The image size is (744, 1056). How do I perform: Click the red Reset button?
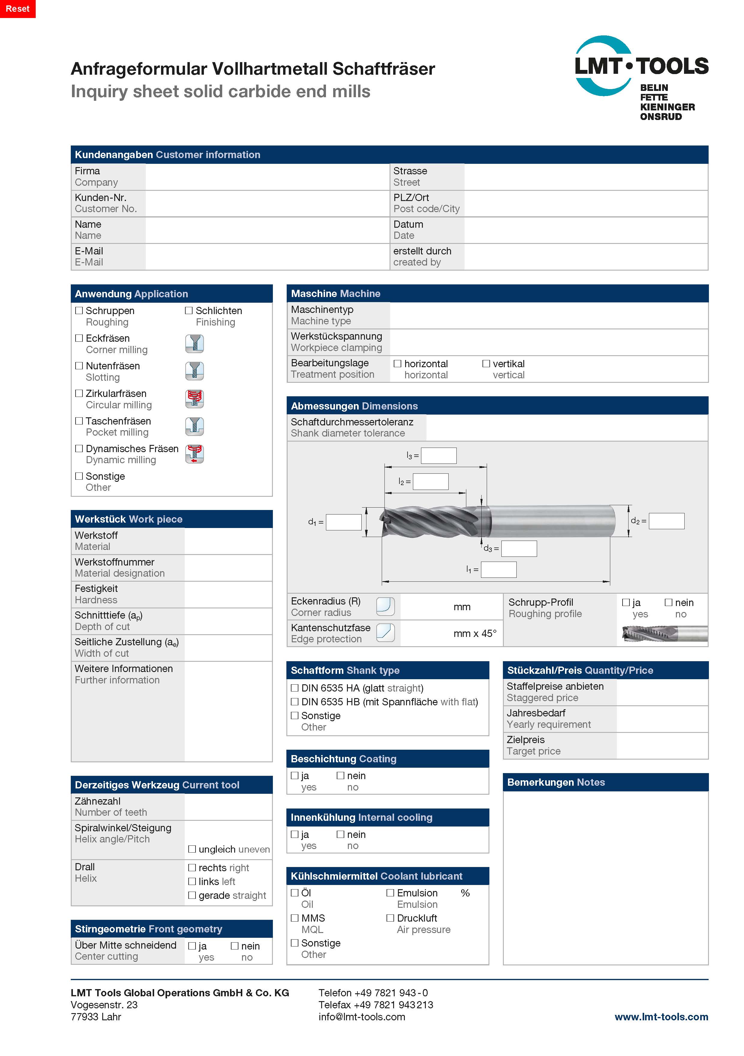point(17,9)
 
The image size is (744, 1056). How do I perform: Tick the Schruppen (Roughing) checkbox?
point(79,311)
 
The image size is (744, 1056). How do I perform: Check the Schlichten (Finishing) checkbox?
point(189,311)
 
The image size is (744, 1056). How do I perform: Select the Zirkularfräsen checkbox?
point(79,394)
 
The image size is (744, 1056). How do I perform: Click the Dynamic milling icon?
point(195,454)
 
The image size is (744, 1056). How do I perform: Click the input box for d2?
point(666,521)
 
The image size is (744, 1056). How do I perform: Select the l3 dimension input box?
point(439,456)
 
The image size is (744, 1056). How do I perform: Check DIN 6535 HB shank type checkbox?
point(295,702)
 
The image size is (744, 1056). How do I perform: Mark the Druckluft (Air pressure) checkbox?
point(390,918)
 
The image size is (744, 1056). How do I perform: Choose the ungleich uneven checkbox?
point(192,849)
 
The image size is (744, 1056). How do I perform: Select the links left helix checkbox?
point(192,881)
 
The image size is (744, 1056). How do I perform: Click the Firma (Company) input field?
point(267,177)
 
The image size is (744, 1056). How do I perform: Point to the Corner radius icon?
point(385,606)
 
